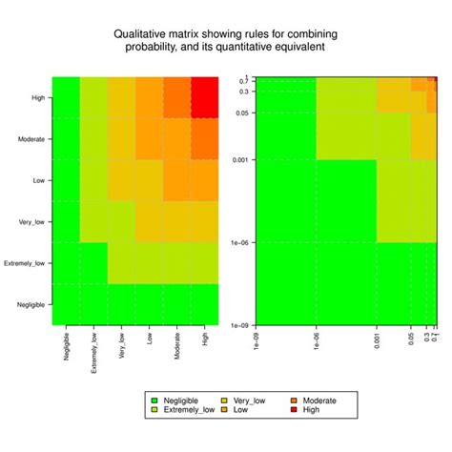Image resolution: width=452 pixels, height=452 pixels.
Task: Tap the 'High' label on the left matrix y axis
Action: (36, 96)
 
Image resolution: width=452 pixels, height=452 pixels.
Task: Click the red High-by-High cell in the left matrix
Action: (205, 97)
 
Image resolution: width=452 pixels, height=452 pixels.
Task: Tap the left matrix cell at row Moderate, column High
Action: (205, 138)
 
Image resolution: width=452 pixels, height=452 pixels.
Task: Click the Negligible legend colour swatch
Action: (154, 401)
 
